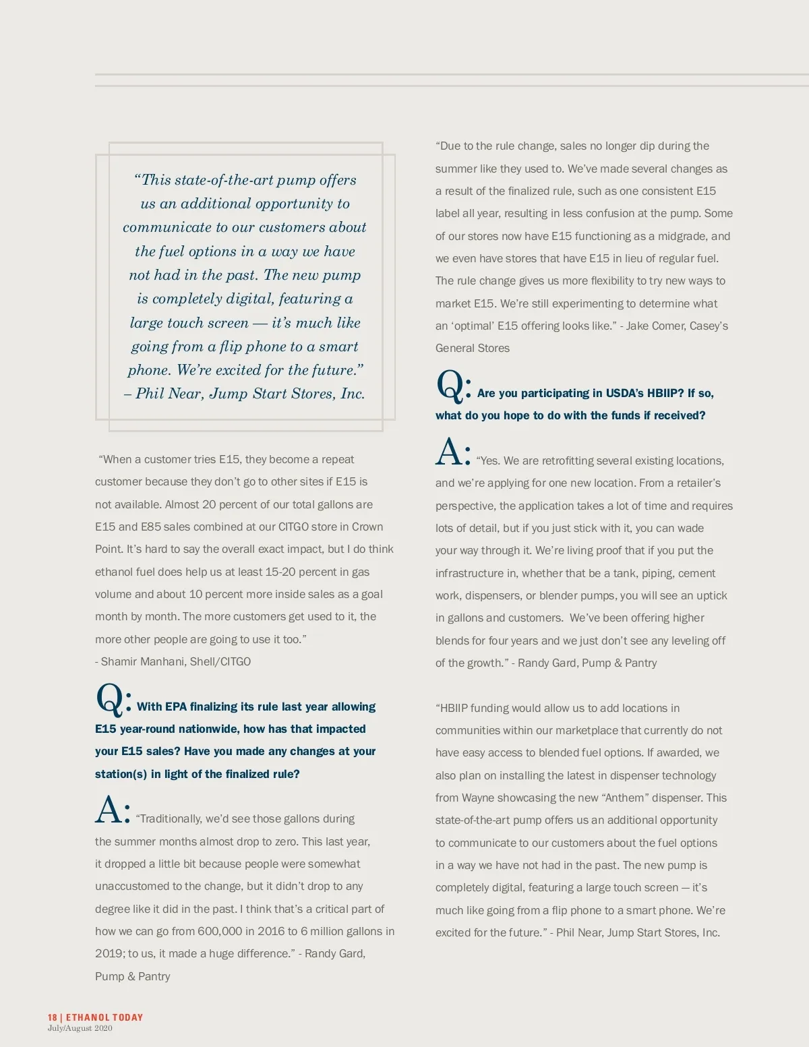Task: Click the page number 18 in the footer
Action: point(52,1017)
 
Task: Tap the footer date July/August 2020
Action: point(80,1029)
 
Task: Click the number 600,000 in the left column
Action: point(220,931)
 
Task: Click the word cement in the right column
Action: point(696,573)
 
